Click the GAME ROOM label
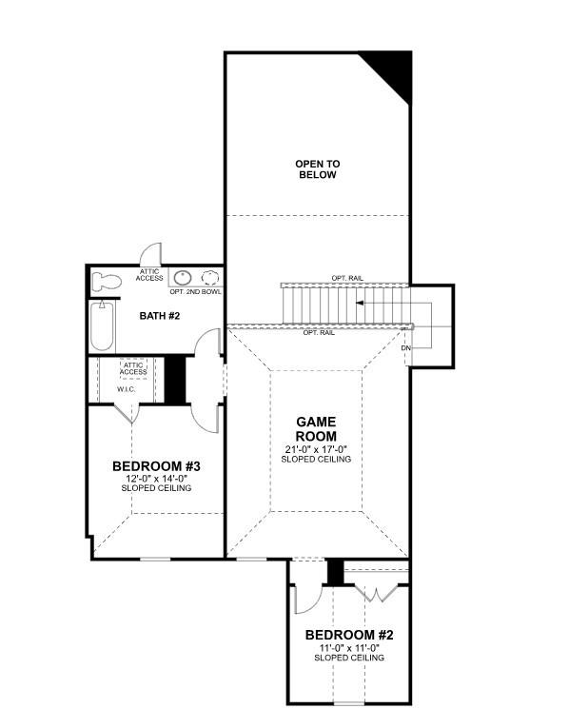pyautogui.click(x=316, y=428)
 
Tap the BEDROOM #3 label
pyautogui.click(x=155, y=465)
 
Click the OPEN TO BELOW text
pyautogui.click(x=316, y=169)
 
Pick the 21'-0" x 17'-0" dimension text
pyautogui.click(x=316, y=448)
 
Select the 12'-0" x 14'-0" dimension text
pyautogui.click(x=155, y=478)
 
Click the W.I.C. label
pyautogui.click(x=128, y=388)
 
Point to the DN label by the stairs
pyautogui.click(x=405, y=348)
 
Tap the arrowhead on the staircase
pyautogui.click(x=361, y=303)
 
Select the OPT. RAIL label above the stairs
pyautogui.click(x=346, y=278)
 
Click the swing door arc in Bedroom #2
pyautogui.click(x=306, y=598)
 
